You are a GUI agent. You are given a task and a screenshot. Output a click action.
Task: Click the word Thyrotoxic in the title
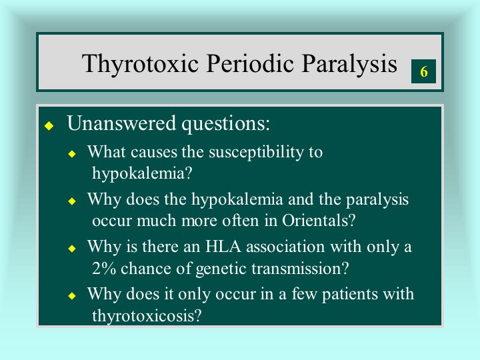click(x=140, y=64)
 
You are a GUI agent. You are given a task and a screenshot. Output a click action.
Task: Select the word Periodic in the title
click(x=250, y=63)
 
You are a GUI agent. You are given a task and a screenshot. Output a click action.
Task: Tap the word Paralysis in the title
click(x=349, y=64)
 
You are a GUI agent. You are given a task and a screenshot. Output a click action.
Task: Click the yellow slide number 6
click(x=424, y=71)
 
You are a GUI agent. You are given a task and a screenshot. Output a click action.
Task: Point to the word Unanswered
click(x=121, y=123)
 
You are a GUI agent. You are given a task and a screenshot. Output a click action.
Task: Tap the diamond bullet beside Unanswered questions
click(x=49, y=125)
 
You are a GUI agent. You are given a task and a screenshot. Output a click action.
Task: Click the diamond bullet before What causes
click(x=72, y=154)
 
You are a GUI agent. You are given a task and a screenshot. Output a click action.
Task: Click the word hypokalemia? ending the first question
click(x=142, y=174)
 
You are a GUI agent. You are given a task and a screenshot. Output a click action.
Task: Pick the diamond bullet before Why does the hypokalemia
click(x=72, y=201)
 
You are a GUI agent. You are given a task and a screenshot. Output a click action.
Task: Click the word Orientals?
click(x=319, y=221)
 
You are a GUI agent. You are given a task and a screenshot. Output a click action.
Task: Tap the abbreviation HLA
click(x=223, y=247)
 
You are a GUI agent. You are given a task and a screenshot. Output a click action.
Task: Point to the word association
click(x=285, y=247)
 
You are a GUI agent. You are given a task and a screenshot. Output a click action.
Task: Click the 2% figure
click(x=104, y=268)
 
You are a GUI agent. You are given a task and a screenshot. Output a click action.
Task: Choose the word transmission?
click(x=300, y=268)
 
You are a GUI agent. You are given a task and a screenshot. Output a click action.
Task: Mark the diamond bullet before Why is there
click(x=72, y=248)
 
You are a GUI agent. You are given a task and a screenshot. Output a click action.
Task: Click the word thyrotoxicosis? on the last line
click(x=147, y=316)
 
